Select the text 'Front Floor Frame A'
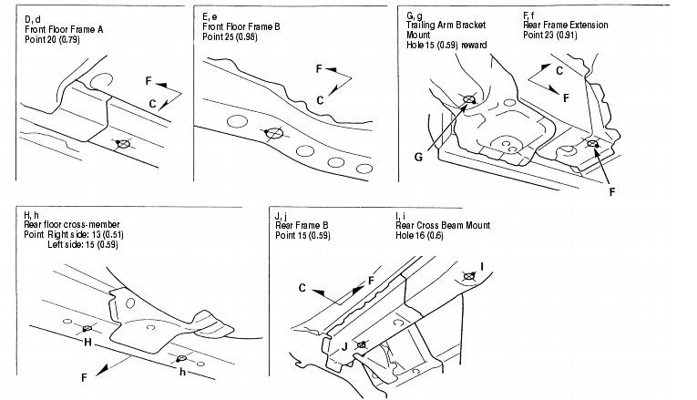pyautogui.click(x=65, y=29)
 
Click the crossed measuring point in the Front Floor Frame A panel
pyautogui.click(x=123, y=145)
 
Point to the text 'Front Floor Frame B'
pyautogui.click(x=240, y=29)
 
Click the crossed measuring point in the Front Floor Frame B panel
pyautogui.click(x=271, y=133)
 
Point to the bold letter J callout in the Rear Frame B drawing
pyautogui.click(x=344, y=347)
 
